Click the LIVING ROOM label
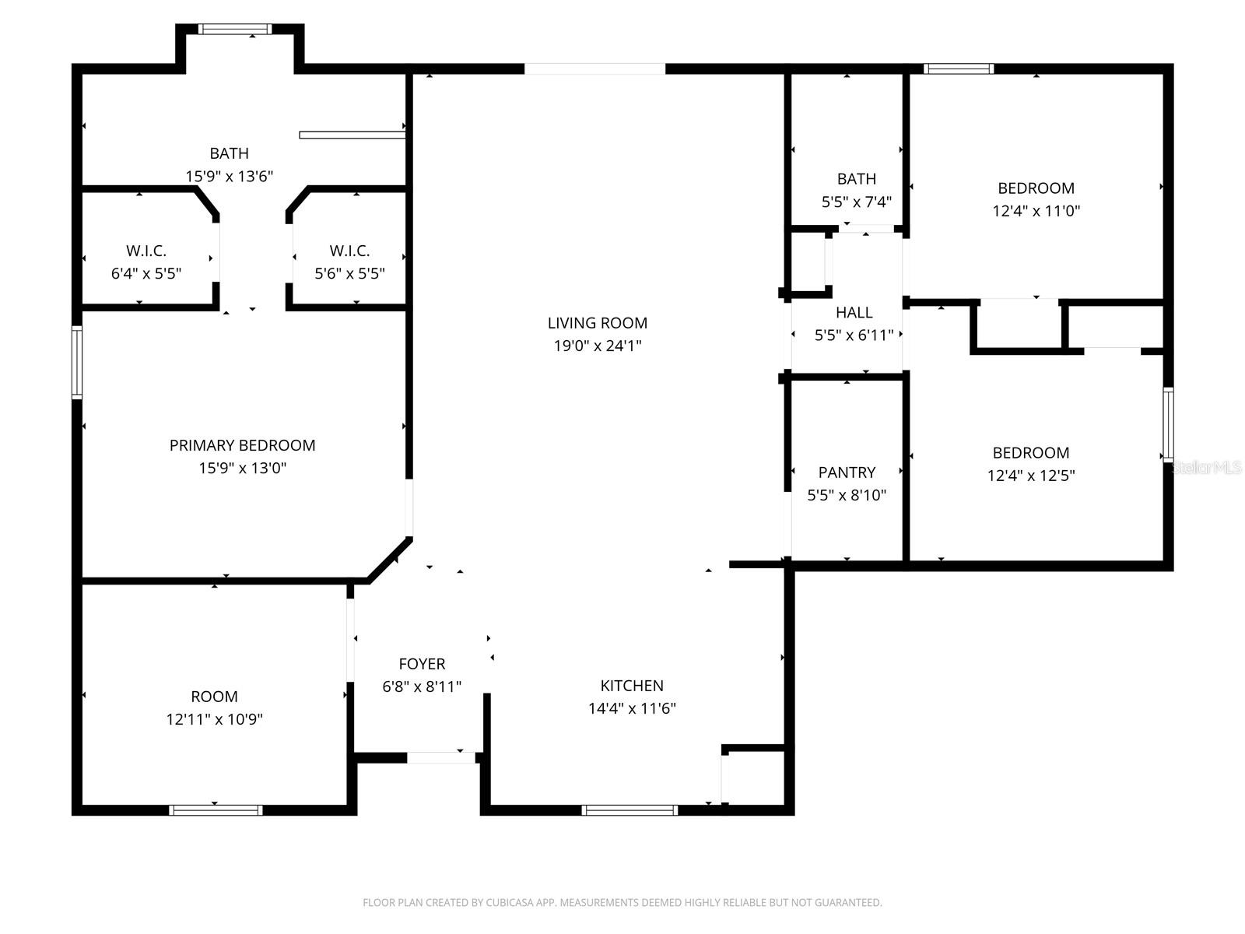click(x=597, y=323)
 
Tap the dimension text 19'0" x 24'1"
click(x=597, y=346)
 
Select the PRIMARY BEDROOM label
click(x=242, y=445)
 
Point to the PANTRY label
click(x=847, y=472)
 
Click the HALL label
click(x=854, y=313)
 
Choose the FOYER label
click(x=422, y=664)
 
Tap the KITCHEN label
click(x=632, y=686)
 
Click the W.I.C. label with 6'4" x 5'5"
click(x=146, y=251)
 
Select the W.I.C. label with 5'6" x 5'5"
click(x=349, y=251)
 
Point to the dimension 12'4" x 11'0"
click(x=1036, y=211)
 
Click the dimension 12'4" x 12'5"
click(x=1031, y=476)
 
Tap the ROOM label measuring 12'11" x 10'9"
click(x=214, y=697)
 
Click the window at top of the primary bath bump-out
click(x=234, y=30)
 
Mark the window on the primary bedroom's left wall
click(x=77, y=362)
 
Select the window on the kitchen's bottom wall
click(x=630, y=810)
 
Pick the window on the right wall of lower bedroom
click(x=1168, y=424)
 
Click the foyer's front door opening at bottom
click(x=441, y=757)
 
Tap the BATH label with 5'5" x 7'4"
click(x=856, y=179)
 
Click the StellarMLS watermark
click(x=1207, y=468)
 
